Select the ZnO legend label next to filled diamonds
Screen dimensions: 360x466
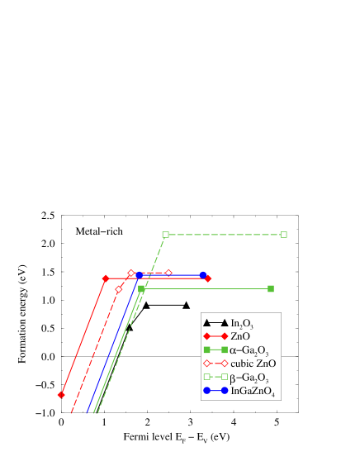(x=241, y=336)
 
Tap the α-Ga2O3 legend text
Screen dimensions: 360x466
(x=250, y=350)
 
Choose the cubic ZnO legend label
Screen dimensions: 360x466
(x=253, y=364)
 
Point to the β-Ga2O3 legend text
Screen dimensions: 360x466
(x=250, y=377)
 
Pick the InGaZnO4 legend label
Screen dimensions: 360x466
(x=253, y=390)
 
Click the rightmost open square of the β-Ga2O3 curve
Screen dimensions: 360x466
(x=284, y=235)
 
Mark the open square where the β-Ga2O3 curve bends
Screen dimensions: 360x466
(x=165, y=235)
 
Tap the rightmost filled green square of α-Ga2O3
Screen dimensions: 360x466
(x=271, y=288)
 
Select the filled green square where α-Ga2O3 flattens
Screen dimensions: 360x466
(x=142, y=288)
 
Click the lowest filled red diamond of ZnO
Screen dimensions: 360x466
(x=61, y=395)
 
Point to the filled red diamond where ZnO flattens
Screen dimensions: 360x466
(x=105, y=278)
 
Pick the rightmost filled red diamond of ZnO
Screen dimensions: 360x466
(x=208, y=278)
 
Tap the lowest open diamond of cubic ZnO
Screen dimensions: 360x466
(x=119, y=289)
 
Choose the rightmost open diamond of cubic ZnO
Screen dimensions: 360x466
(x=168, y=273)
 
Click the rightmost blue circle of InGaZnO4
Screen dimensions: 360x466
(x=203, y=274)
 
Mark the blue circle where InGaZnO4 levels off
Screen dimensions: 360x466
(x=140, y=274)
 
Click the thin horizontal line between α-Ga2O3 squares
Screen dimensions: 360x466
(x=206, y=288)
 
